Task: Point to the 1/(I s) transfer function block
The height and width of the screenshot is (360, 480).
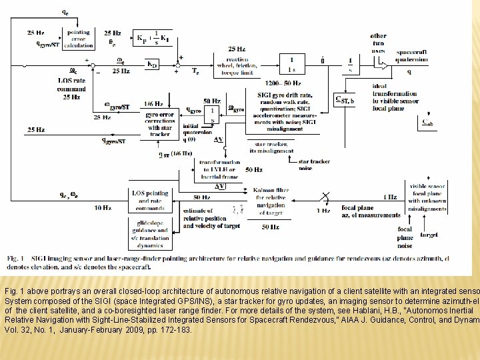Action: (291, 65)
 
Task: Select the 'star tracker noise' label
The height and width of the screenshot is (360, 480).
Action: (314, 165)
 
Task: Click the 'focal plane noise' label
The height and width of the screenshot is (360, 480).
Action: (405, 237)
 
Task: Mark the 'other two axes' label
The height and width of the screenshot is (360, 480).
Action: (378, 43)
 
